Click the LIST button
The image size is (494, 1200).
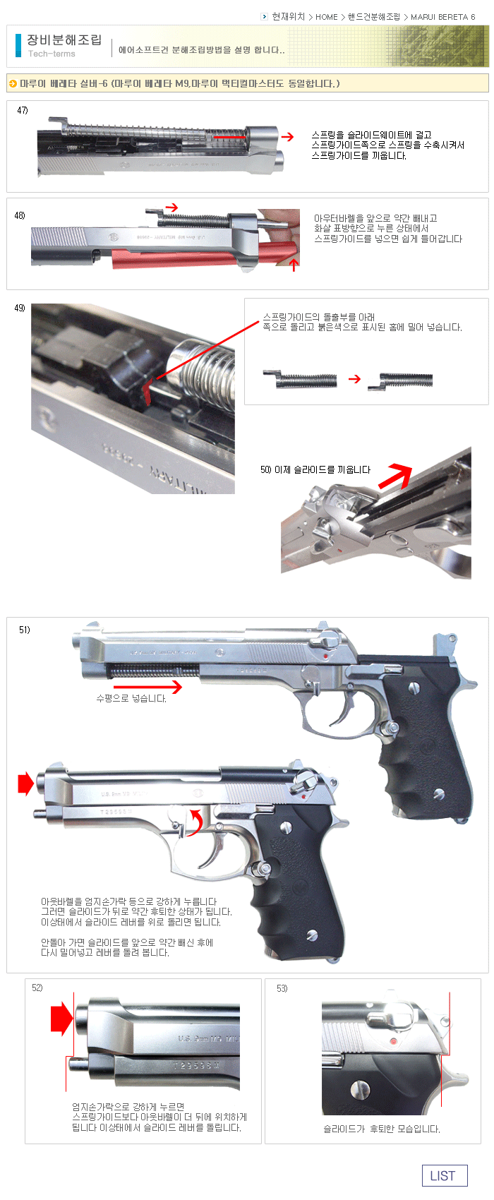445,1175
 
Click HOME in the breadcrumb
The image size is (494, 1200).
326,17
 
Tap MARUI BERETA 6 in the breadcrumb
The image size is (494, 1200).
442,17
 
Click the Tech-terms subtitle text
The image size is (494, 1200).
52,54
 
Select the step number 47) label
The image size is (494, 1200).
23,110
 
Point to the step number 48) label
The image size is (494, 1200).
20,215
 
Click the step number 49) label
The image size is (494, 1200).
20,308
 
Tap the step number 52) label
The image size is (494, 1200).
37,988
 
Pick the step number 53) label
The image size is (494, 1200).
282,988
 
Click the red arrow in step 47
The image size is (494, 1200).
288,137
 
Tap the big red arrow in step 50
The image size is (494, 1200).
395,476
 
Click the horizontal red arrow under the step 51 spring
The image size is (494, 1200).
147,686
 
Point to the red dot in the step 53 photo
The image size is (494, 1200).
393,1041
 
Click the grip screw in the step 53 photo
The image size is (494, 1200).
360,1088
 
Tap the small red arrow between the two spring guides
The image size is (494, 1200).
355,379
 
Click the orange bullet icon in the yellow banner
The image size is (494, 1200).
13,83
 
